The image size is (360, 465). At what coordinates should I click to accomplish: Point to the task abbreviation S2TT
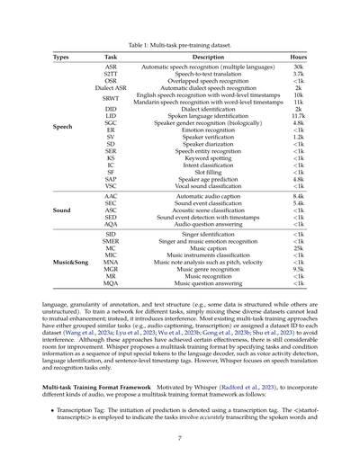[x=111, y=74]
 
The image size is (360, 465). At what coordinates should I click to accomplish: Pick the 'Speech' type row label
[x=63, y=127]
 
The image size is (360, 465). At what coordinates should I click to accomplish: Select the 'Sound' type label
[x=62, y=210]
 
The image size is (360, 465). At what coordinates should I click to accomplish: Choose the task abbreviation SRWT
[x=111, y=98]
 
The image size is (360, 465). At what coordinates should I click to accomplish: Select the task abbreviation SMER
[x=111, y=240]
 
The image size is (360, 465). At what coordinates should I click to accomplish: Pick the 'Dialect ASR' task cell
[x=111, y=87]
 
